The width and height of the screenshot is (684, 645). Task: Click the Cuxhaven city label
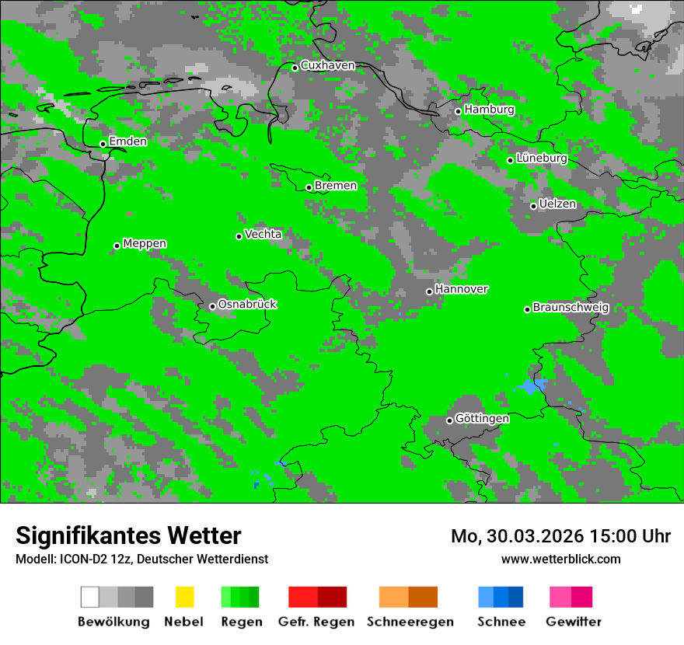[x=327, y=65]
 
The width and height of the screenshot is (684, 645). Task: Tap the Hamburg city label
[x=489, y=110]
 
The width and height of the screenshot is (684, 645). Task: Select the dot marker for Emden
[x=103, y=144]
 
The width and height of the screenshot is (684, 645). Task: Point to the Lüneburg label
[x=542, y=159]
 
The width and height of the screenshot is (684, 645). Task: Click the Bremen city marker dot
[x=309, y=187]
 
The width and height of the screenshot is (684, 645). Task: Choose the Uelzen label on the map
[x=557, y=204]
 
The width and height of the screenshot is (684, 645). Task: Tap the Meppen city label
[x=145, y=244]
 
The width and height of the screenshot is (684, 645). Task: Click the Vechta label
[x=263, y=234]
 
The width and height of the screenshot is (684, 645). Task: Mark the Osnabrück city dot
[x=212, y=306]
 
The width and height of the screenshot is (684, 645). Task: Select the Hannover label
[x=462, y=289]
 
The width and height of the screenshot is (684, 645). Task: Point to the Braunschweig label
[x=571, y=308]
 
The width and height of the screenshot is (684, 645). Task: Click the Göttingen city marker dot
[x=449, y=420]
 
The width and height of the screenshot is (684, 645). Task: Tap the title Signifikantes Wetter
[x=128, y=535]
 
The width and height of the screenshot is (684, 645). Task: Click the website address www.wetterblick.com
[x=560, y=559]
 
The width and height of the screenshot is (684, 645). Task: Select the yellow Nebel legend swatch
[x=184, y=597]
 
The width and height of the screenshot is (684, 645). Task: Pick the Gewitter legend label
[x=574, y=622]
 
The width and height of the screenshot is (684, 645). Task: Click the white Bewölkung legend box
[x=90, y=597]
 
